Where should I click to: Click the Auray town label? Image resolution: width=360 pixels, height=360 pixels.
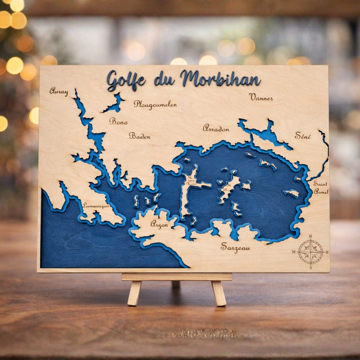point(59,91)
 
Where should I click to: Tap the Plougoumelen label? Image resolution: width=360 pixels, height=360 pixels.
point(155,105)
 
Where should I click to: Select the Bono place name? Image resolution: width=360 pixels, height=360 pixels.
point(118,122)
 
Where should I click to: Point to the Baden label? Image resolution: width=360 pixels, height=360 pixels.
point(140,136)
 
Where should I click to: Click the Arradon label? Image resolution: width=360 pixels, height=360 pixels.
point(216,129)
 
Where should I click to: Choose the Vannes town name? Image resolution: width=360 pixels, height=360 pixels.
point(261,97)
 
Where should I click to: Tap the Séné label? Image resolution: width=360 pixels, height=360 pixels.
point(303,136)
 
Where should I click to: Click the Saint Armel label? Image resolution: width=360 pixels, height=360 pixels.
point(321,188)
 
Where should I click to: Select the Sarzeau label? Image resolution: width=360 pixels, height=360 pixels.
point(235,247)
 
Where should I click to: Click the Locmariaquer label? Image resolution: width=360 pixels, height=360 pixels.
point(96,206)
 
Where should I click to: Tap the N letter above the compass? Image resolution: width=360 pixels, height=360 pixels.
point(310,236)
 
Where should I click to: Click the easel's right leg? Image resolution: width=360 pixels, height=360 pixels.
point(219,293)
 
